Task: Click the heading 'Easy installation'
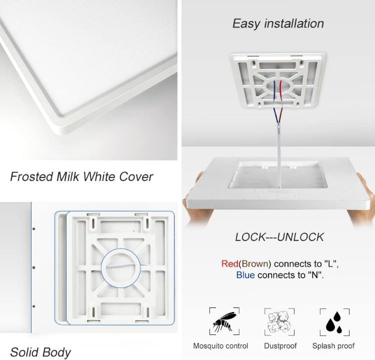point(278,23)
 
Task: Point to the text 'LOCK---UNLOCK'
point(279,237)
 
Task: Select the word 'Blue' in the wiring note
point(245,275)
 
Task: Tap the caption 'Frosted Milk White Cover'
point(81,176)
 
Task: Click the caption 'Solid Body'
point(40,352)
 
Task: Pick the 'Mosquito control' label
point(220,346)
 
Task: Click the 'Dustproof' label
point(280,346)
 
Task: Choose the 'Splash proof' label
point(333,346)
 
